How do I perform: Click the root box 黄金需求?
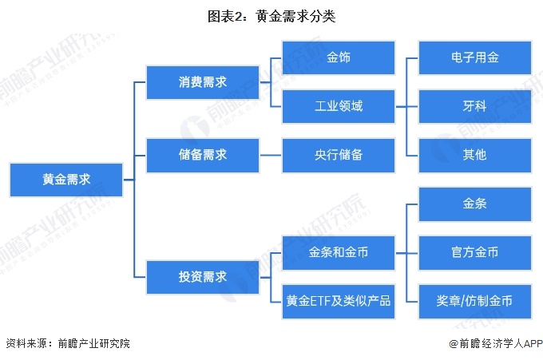click(66, 180)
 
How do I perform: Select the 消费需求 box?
click(203, 82)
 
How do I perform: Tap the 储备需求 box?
click(203, 155)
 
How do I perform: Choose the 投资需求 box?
click(203, 277)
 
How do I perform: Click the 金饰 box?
click(339, 58)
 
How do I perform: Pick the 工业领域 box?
click(339, 106)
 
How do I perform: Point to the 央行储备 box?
click(339, 155)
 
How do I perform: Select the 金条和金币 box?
click(339, 252)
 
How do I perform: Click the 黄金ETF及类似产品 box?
click(339, 300)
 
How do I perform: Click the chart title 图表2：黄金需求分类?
click(271, 15)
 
